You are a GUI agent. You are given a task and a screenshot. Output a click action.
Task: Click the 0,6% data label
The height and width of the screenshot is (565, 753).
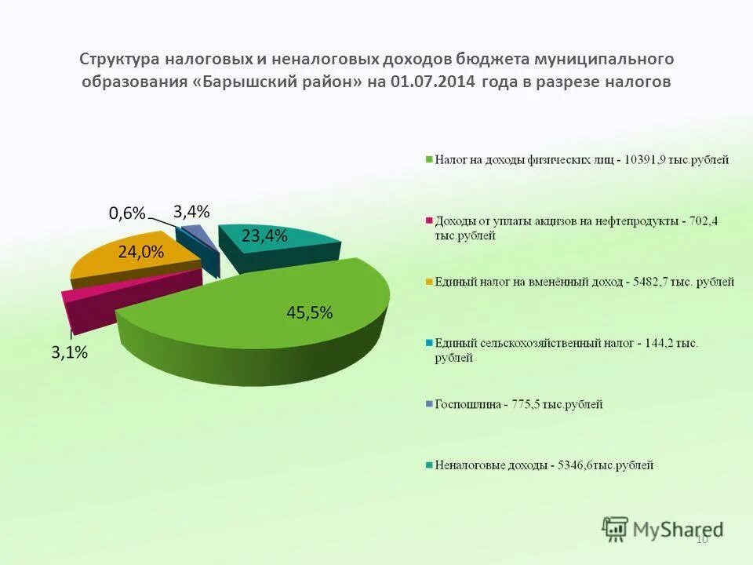pyautogui.click(x=127, y=213)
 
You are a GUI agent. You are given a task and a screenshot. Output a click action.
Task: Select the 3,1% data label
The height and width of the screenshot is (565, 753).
pyautogui.click(x=70, y=353)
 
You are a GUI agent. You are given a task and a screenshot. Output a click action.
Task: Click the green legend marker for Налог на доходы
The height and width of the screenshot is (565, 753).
pyautogui.click(x=429, y=160)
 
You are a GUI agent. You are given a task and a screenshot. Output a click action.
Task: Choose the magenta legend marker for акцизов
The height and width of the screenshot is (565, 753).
pyautogui.click(x=429, y=221)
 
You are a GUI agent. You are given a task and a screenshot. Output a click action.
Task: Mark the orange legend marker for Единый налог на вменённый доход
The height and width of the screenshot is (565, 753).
pyautogui.click(x=429, y=282)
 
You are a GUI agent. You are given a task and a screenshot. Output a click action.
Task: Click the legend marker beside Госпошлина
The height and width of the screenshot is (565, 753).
pyautogui.click(x=429, y=404)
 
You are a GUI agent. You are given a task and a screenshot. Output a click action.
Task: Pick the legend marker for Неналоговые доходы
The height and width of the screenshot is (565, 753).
pyautogui.click(x=429, y=465)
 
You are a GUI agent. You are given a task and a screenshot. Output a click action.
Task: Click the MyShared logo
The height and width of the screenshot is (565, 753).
pyautogui.click(x=663, y=528)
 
